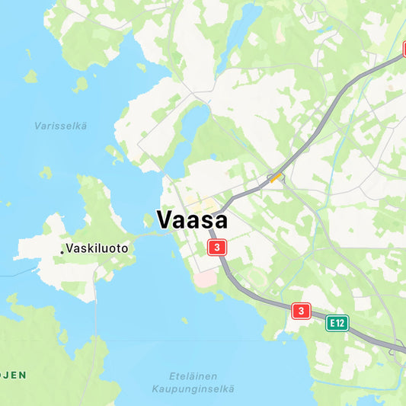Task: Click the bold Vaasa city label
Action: click(192, 219)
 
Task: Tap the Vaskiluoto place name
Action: click(97, 248)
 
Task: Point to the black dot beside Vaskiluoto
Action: click(62, 251)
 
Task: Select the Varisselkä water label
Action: click(60, 126)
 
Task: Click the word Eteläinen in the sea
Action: click(193, 376)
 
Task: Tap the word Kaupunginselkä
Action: click(193, 389)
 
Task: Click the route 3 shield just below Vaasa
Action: click(217, 248)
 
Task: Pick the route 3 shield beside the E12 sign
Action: click(302, 311)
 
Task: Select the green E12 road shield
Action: click(337, 323)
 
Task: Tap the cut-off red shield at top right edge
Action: click(403, 50)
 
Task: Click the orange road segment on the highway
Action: click(275, 178)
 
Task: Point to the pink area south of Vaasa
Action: click(205, 280)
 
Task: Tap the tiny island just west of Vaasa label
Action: click(148, 221)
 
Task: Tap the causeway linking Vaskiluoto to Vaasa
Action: click(152, 234)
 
